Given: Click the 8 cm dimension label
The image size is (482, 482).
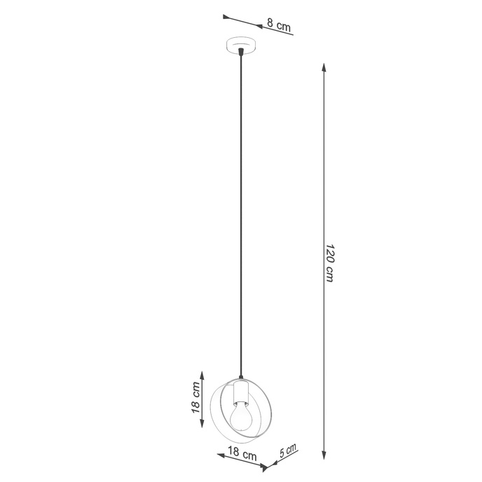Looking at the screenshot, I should pos(279,27).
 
